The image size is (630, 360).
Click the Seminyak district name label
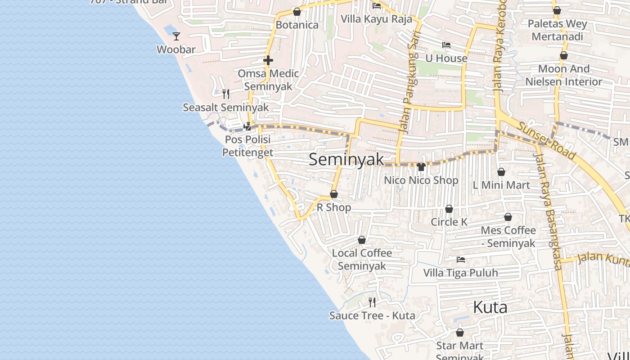346,159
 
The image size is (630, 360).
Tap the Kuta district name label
490,307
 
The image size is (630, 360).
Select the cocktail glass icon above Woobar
176,36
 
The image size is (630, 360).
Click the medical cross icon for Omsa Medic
268,60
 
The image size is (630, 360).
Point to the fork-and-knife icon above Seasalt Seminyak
226,94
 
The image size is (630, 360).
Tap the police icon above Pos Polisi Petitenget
247,126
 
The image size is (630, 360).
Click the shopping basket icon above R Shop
334,194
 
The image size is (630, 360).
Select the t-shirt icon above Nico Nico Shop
421,167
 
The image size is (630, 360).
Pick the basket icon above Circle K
449,209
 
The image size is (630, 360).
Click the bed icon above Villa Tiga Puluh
460,260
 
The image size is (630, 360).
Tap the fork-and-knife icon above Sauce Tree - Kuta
372,302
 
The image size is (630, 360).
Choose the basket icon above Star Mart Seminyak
460,333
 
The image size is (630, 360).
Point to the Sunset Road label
546,140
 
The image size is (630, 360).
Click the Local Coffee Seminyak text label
362,259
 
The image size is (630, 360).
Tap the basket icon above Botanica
297,12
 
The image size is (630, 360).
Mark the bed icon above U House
446,45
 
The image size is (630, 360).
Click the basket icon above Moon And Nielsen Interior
563,55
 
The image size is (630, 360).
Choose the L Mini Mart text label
501,185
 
